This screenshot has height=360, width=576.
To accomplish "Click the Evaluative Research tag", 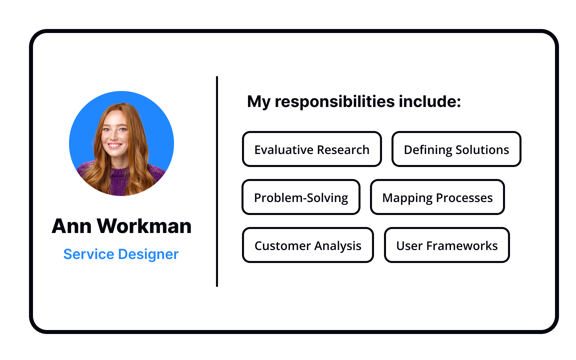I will (x=312, y=149).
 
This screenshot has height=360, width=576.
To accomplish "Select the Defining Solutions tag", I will (x=456, y=149).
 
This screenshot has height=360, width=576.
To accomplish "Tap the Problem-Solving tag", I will (x=301, y=197).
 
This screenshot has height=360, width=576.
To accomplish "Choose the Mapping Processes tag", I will (x=437, y=197).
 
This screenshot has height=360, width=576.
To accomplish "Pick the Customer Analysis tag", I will (x=307, y=245).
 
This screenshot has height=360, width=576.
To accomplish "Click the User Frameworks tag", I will (x=446, y=245).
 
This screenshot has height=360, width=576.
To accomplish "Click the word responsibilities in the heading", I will (x=335, y=101).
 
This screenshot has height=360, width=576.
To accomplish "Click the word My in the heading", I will (x=258, y=102).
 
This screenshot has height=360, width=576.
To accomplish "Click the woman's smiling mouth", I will (x=114, y=145).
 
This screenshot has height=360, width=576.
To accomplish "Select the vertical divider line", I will (x=217, y=181).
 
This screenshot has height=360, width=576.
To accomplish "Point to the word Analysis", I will (x=337, y=246).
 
